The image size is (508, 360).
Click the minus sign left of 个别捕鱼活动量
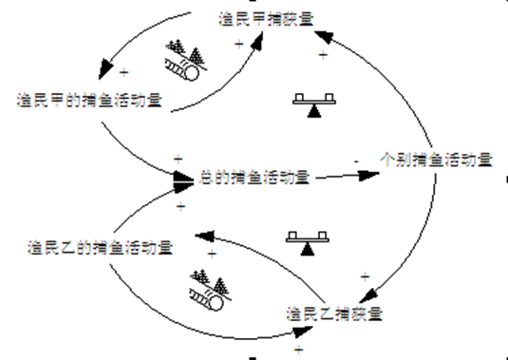pos(356,162)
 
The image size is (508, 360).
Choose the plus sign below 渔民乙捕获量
pos(298,350)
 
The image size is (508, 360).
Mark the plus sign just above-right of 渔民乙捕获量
pos(365,276)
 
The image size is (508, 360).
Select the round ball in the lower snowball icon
pos(217,304)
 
